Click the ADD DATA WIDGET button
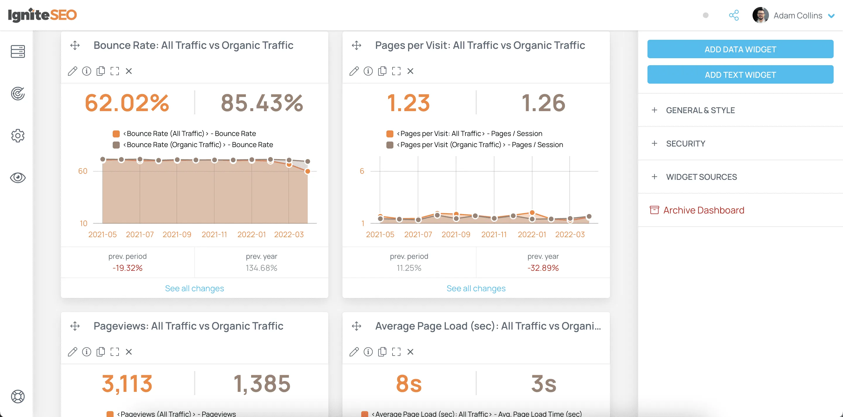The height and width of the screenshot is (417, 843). (x=740, y=49)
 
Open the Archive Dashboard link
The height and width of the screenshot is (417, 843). (x=703, y=210)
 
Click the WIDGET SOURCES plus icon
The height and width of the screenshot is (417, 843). (x=654, y=177)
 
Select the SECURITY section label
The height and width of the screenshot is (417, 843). (x=685, y=144)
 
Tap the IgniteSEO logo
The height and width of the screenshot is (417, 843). (x=42, y=15)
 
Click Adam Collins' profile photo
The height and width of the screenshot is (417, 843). (x=760, y=15)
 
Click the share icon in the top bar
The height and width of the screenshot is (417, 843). (x=734, y=15)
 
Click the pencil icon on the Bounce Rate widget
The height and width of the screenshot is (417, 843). (x=72, y=71)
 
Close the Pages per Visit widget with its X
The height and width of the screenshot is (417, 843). (x=410, y=71)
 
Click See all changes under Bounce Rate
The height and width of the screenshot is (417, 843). (x=194, y=288)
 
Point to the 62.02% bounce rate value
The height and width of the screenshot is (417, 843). (x=127, y=103)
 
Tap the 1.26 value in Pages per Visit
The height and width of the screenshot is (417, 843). (x=543, y=103)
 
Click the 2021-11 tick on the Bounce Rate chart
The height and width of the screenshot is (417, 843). (x=214, y=235)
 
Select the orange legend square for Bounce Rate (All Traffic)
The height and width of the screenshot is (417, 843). (x=116, y=134)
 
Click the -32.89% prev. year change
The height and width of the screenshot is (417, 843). (x=543, y=268)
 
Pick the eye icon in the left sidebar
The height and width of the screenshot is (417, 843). (x=18, y=178)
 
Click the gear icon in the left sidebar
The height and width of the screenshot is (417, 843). (x=18, y=135)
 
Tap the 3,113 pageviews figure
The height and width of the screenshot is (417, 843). (x=127, y=383)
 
